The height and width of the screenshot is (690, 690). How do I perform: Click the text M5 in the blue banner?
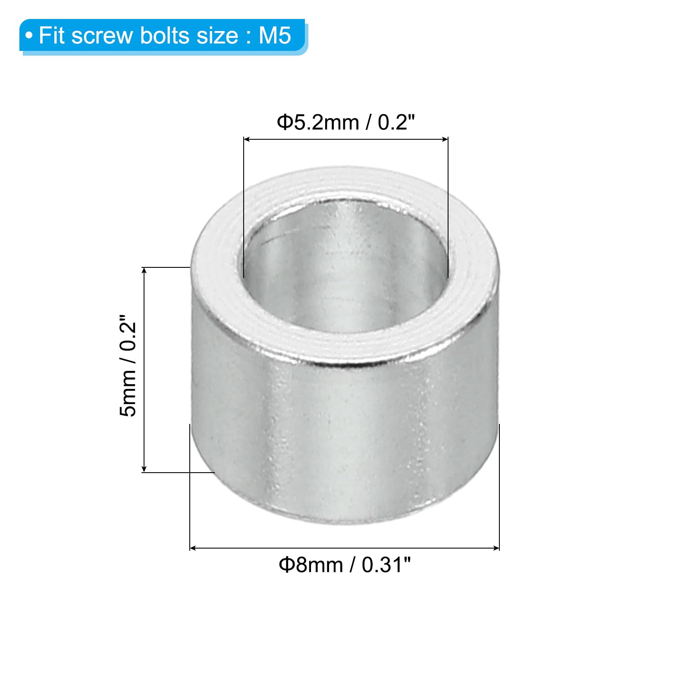pyautogui.click(x=275, y=35)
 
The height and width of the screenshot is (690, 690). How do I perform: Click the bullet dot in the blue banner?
pyautogui.click(x=29, y=36)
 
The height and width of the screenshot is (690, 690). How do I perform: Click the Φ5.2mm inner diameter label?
pyautogui.click(x=318, y=122)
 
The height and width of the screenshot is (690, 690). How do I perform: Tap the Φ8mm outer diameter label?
pyautogui.click(x=310, y=565)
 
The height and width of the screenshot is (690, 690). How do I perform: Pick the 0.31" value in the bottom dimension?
pyautogui.click(x=386, y=565)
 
